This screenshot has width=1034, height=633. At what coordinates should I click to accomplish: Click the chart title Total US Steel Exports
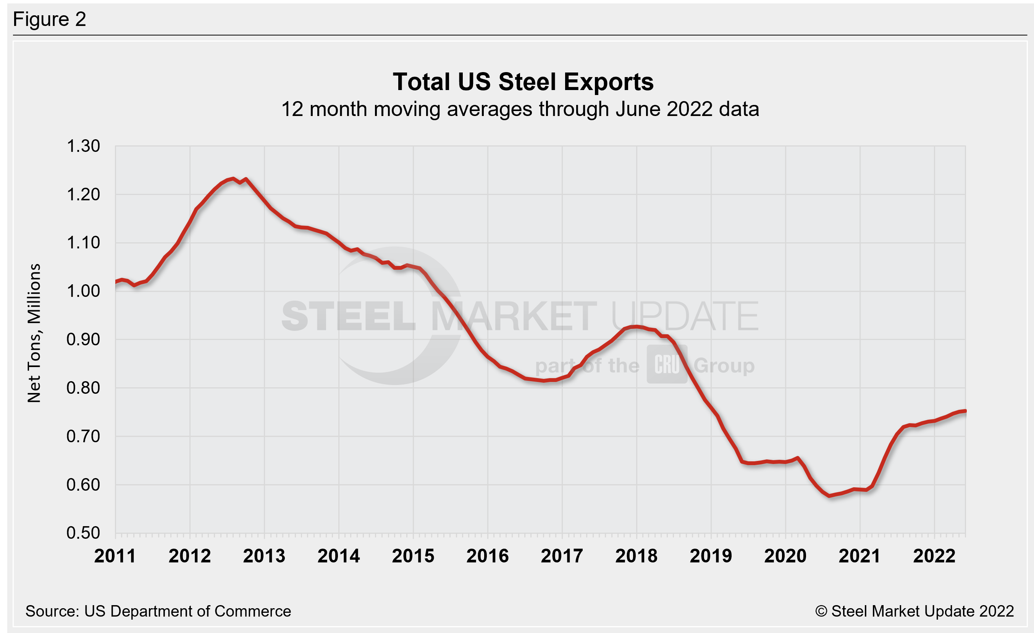523,82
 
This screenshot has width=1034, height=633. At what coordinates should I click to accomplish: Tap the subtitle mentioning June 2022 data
520,110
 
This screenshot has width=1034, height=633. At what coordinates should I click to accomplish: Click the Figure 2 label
50,19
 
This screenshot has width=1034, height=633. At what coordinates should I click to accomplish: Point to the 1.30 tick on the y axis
83,146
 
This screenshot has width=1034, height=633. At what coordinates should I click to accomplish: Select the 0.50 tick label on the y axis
83,533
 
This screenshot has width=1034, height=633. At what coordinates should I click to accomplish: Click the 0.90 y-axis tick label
83,340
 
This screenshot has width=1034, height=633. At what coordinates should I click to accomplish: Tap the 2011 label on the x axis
115,556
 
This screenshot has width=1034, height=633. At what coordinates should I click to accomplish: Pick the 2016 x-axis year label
487,556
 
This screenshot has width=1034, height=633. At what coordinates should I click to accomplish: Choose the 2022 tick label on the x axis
934,556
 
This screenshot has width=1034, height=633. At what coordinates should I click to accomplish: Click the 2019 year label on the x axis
711,556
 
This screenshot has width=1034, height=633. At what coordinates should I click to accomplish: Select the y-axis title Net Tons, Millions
34,333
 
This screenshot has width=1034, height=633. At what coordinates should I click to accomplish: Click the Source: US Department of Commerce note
158,611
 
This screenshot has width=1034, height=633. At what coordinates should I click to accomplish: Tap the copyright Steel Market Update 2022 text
914,611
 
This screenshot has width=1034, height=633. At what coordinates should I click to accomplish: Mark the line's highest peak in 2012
233,179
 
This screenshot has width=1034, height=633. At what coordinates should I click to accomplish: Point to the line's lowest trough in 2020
829,496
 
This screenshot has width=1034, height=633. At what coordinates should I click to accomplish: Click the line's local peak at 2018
636,327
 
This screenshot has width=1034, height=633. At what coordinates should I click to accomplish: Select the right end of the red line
965,411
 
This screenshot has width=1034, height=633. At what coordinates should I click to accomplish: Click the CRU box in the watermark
666,364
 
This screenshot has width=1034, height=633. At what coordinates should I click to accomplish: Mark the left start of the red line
116,282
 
